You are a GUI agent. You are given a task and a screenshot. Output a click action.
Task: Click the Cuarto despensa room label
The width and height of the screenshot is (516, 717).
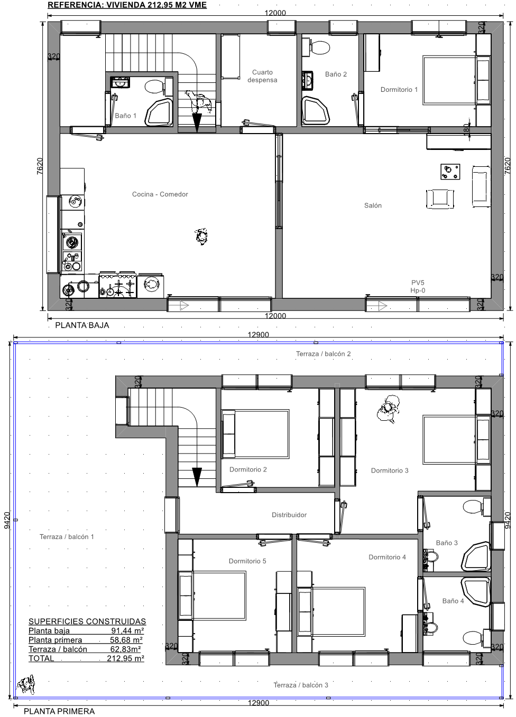coord(262,76)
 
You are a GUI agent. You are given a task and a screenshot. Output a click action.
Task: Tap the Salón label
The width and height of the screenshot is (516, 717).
coord(373,205)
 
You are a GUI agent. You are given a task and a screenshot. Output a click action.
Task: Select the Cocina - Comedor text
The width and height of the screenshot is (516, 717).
coord(160,194)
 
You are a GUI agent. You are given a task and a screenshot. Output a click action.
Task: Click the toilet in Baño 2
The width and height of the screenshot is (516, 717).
coord(316,47)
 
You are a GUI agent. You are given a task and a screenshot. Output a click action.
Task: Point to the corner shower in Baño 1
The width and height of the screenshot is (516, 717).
coord(159,112)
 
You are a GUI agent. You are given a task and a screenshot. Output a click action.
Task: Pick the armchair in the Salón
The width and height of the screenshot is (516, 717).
coord(440,199)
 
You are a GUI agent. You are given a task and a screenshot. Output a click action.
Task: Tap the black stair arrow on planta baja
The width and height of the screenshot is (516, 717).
coord(197,122)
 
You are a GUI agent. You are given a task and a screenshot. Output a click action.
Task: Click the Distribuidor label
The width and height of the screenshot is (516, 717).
coord(289,515)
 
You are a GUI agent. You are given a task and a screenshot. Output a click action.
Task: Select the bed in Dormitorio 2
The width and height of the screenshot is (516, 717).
coord(255,433)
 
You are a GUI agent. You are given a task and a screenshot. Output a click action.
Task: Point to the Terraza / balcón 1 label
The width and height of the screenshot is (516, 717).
coord(67,537)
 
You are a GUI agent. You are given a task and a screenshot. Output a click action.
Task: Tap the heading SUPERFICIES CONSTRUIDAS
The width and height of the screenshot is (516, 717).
coord(87,621)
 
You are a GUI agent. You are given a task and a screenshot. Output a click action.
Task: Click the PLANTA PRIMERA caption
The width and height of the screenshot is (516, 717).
coord(59,711)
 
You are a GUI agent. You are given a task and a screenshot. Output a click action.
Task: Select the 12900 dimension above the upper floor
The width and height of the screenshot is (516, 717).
coord(259,335)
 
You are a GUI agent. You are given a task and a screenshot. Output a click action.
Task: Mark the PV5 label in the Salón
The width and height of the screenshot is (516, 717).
coord(418,282)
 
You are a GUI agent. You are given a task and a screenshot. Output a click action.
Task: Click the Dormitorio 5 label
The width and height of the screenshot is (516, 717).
coord(247,561)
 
